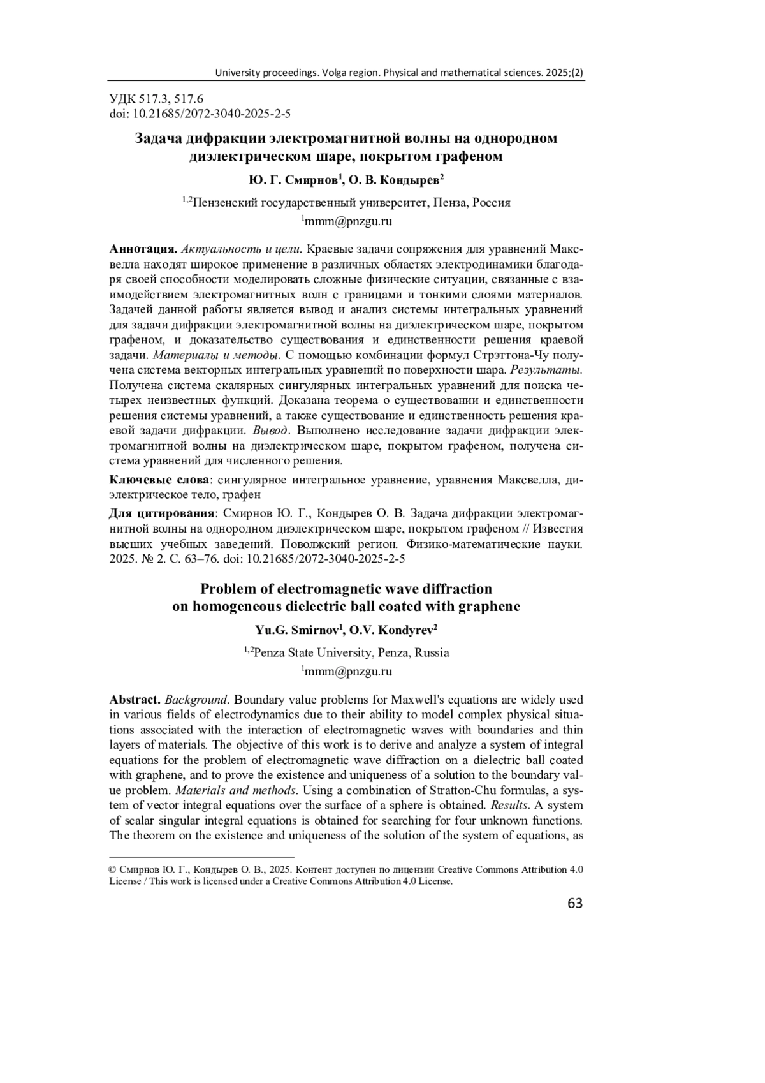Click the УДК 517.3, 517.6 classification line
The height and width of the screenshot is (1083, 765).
pyautogui.click(x=156, y=99)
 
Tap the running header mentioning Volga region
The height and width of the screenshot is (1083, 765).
pyautogui.click(x=399, y=73)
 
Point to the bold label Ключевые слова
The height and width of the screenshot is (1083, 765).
pyautogui.click(x=159, y=480)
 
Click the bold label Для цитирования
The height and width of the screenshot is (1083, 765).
pyautogui.click(x=163, y=513)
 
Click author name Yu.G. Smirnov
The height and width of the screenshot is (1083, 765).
pyautogui.click(x=298, y=631)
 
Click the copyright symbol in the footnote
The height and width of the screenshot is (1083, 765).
pyautogui.click(x=113, y=869)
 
